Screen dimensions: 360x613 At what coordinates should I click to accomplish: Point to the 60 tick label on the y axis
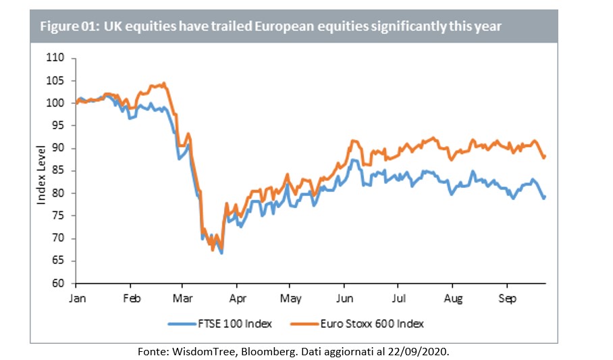(59, 283)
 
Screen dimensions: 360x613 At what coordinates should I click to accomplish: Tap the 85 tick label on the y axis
(59, 171)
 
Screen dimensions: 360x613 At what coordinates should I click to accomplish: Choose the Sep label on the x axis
(508, 297)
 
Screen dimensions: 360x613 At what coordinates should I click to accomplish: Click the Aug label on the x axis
(454, 297)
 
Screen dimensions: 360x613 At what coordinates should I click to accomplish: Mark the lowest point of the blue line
(221, 253)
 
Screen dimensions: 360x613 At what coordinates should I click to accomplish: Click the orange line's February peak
(164, 84)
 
